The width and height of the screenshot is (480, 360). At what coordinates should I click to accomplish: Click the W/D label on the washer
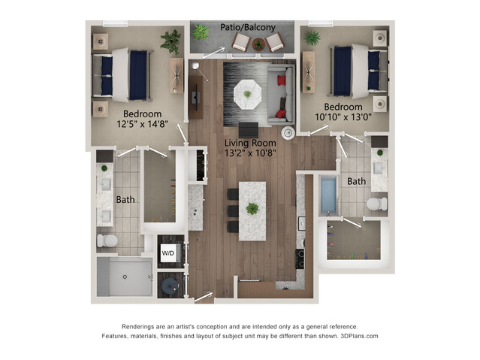[168, 253]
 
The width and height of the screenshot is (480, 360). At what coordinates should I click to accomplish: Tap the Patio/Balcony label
[248, 27]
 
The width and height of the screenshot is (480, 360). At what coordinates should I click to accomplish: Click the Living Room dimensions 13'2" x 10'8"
[250, 153]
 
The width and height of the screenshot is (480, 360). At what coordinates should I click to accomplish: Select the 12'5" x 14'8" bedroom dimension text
[142, 124]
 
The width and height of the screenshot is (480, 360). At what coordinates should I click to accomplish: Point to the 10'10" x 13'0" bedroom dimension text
[343, 116]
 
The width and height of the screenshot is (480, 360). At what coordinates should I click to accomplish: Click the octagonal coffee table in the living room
[247, 94]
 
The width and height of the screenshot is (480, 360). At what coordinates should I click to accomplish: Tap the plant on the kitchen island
[252, 209]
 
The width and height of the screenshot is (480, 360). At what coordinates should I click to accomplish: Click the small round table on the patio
[258, 44]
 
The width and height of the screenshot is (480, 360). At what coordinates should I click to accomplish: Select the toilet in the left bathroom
[107, 241]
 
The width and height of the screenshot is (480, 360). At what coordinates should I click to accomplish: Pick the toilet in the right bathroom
[377, 204]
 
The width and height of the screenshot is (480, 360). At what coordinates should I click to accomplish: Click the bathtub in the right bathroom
[328, 196]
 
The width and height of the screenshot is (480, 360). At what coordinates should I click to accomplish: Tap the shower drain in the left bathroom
[125, 277]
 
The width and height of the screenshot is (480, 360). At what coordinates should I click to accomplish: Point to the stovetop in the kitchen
[300, 259]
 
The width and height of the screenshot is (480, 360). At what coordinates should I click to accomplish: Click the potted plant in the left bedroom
[171, 41]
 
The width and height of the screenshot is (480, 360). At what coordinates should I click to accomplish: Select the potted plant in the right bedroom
[312, 38]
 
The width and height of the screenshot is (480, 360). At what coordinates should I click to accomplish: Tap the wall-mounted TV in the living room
[196, 98]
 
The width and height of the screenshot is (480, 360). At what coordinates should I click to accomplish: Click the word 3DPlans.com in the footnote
[359, 336]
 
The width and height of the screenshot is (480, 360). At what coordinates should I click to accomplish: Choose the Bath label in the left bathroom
[125, 200]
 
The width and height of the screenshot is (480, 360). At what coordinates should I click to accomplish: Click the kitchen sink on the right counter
[301, 224]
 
